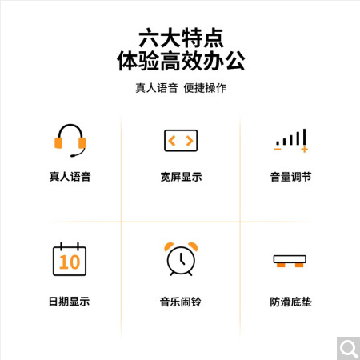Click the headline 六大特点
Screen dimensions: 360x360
[x=181, y=38]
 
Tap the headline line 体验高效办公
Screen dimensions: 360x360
[x=181, y=61]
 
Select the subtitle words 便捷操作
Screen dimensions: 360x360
[x=205, y=88]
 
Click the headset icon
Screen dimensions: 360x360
[x=70, y=140]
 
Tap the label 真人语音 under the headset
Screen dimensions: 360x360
[x=70, y=177]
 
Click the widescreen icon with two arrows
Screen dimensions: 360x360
[x=181, y=141]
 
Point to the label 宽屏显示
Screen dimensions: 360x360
[x=181, y=177]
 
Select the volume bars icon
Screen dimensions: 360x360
[x=291, y=140]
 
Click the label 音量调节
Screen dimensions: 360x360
[x=291, y=177]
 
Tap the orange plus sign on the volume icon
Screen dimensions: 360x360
[x=305, y=150]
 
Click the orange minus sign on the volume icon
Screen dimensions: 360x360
[x=278, y=150]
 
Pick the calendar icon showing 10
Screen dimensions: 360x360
[x=70, y=259]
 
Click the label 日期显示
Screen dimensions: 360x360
[x=69, y=302]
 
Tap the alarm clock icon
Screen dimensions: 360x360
[x=181, y=259]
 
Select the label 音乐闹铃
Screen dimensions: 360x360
[x=181, y=302]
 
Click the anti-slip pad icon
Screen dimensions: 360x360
[x=290, y=261]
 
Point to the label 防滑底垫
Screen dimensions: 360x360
[x=291, y=302]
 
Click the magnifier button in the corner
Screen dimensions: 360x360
[x=348, y=348]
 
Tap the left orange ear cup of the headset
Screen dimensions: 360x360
[x=58, y=142]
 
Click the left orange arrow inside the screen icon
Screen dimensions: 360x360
[x=172, y=141]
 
